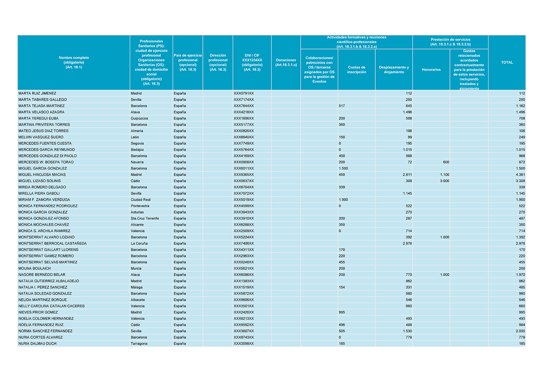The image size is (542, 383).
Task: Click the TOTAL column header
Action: (x=507, y=63)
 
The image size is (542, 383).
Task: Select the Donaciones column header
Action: (x=285, y=63)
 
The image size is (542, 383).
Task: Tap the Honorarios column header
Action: (x=431, y=69)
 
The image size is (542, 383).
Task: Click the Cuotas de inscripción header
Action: (x=356, y=69)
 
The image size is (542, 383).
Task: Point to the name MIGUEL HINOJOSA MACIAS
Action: (x=42, y=175)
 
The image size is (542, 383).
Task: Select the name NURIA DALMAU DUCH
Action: (x=37, y=343)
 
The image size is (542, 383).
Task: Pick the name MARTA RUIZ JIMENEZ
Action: (x=37, y=93)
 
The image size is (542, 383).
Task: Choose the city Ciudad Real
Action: (x=140, y=199)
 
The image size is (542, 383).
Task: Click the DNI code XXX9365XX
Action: (x=244, y=175)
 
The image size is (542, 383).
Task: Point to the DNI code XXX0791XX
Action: (x=244, y=93)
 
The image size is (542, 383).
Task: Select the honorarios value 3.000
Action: (x=444, y=181)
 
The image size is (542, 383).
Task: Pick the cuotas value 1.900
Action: (x=343, y=199)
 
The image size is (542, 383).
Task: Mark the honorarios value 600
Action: (x=446, y=162)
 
